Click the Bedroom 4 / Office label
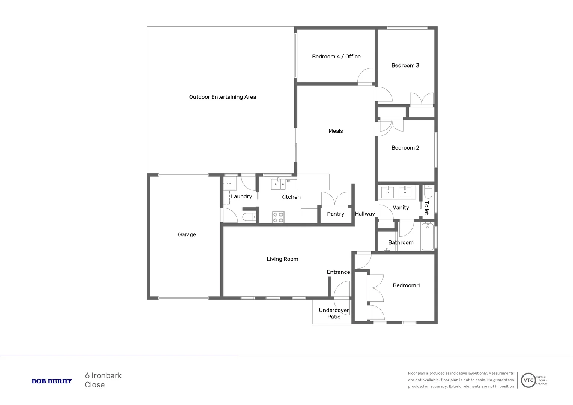[336, 57]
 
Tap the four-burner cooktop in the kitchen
[278, 217]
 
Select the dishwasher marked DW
[291, 184]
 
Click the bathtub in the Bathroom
[427, 237]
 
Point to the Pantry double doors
[335, 199]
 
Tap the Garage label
[187, 235]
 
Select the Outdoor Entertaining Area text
[222, 97]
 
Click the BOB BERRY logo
[52, 381]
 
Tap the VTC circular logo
[528, 380]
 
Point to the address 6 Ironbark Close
[103, 380]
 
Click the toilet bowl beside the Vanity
[428, 193]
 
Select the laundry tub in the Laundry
[229, 184]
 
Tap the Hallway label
[365, 214]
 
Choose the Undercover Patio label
[334, 313]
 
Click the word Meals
[336, 131]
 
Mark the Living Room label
[282, 259]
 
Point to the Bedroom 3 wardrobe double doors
[422, 99]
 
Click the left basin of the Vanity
[387, 192]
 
